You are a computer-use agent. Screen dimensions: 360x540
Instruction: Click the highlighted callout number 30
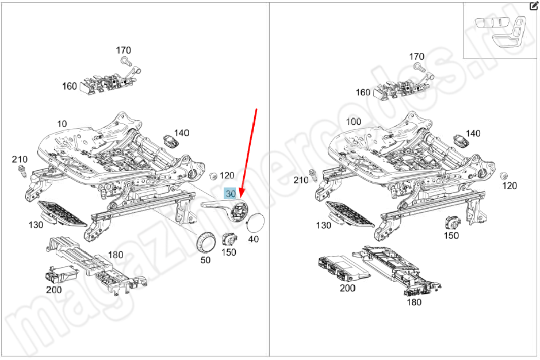tap(230, 194)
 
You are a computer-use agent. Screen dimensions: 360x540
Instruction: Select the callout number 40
tap(254, 238)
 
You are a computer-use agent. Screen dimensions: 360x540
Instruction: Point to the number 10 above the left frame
tap(62, 124)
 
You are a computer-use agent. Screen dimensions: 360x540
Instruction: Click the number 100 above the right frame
tap(354, 122)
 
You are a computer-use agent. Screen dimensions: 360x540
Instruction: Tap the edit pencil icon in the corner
tap(533, 6)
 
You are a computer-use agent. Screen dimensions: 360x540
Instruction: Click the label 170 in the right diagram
tap(416, 56)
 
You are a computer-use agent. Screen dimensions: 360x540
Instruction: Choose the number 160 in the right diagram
tap(363, 92)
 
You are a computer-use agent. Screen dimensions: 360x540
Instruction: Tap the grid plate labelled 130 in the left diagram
tap(62, 214)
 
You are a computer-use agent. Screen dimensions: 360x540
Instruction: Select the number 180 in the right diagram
tap(413, 302)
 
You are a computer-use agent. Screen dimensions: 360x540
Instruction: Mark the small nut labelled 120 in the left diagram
tap(212, 175)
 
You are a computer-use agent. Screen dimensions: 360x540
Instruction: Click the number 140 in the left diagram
tap(182, 133)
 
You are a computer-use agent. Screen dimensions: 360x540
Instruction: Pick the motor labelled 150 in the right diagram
tap(451, 224)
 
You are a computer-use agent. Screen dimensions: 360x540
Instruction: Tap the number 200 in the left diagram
tap(53, 290)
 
